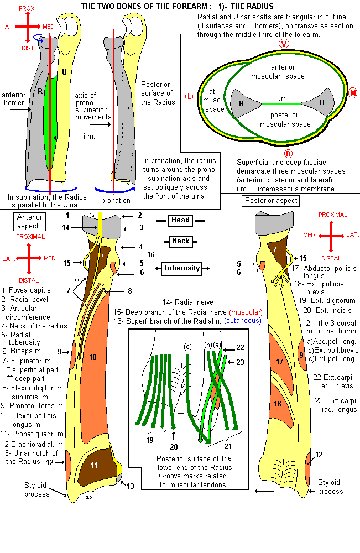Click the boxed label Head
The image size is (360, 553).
180,220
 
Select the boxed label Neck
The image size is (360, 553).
180,242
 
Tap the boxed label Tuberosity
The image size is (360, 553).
180,269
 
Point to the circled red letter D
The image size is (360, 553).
288,153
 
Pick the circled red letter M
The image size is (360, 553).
353,93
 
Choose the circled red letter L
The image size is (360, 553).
189,97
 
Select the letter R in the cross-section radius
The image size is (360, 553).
242,103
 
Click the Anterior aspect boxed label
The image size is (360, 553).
29,222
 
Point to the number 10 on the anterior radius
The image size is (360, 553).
92,358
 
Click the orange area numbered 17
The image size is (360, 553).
280,362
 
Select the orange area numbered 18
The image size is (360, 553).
278,404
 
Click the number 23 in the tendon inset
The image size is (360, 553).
240,363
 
